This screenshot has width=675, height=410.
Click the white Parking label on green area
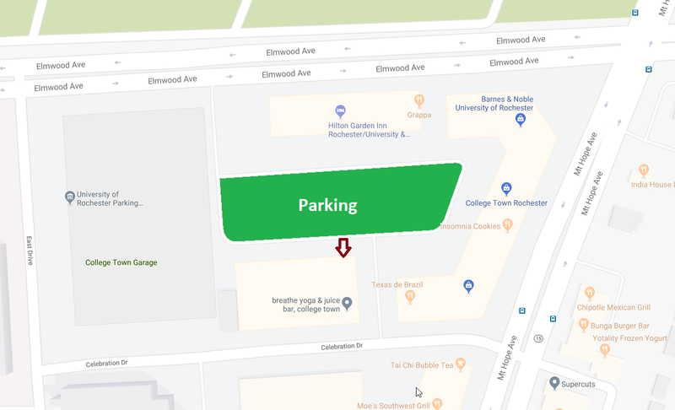(327, 205)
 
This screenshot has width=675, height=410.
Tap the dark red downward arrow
(343, 247)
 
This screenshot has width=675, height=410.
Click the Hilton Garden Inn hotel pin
(340, 111)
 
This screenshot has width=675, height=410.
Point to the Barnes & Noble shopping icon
(521, 120)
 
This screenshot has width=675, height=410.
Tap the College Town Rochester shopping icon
(506, 188)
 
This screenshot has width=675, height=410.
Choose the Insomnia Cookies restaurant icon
(507, 224)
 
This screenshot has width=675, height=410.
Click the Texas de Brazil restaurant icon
(410, 295)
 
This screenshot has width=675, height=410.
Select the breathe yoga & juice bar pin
(346, 303)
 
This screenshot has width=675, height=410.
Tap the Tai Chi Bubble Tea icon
(461, 364)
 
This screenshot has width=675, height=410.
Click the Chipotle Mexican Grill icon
(591, 293)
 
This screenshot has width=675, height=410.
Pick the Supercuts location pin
(553, 383)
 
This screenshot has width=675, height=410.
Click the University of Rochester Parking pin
(70, 198)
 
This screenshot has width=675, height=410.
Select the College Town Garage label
(121, 262)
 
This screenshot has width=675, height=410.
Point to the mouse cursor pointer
(418, 392)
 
